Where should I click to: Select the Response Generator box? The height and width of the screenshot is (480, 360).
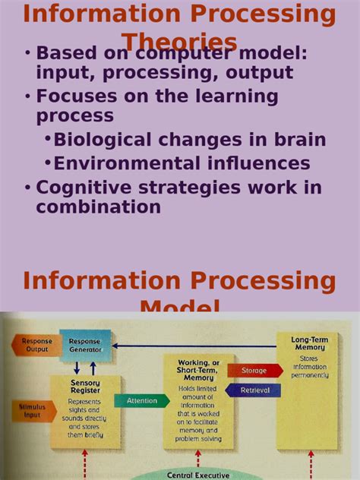click(84, 346)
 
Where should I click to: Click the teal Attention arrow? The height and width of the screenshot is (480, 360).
click(141, 400)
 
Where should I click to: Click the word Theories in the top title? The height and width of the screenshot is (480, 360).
click(179, 42)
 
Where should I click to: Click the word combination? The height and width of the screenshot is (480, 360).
click(98, 207)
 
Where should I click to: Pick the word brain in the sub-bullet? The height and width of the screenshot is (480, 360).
click(301, 140)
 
